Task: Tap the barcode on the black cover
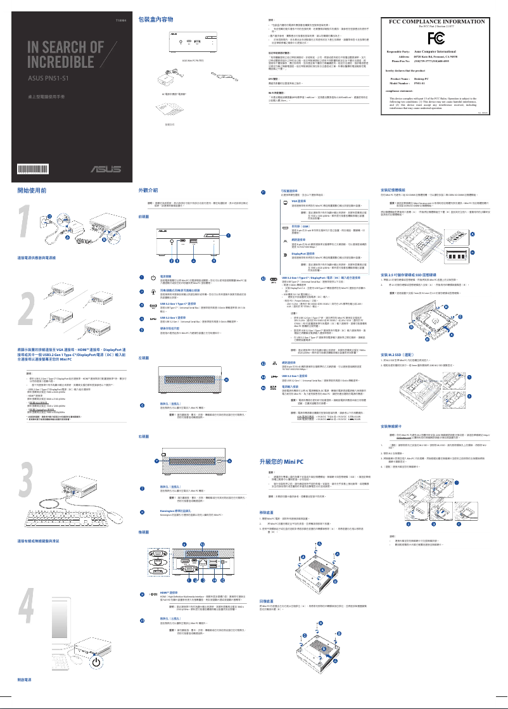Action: (32, 168)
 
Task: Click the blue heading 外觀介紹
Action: (149, 189)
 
